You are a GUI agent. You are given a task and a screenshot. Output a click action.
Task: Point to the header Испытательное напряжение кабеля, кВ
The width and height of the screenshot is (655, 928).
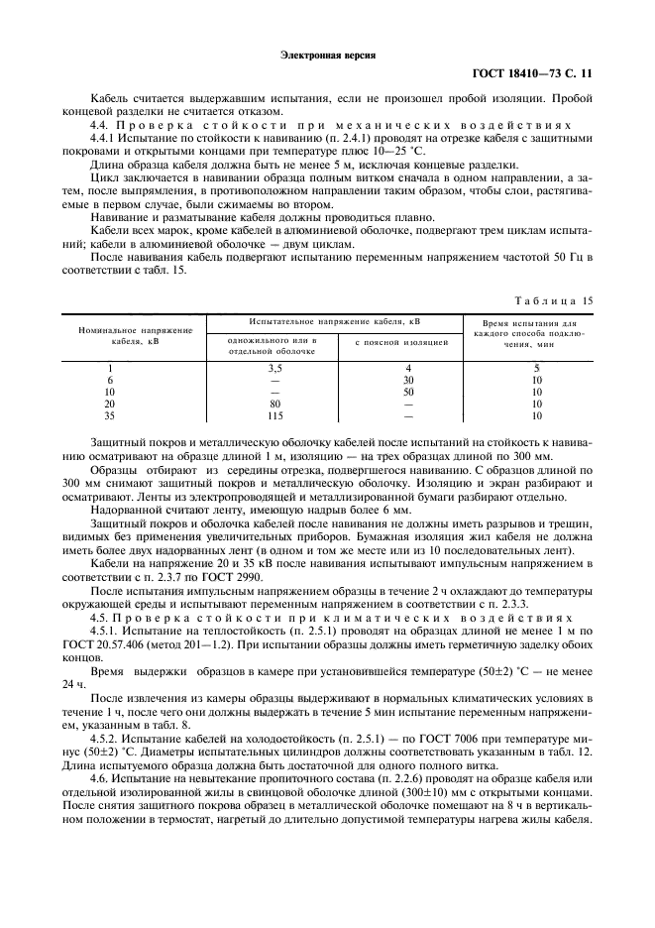(x=335, y=322)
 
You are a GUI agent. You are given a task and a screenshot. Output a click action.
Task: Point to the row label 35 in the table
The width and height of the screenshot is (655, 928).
(x=111, y=415)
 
